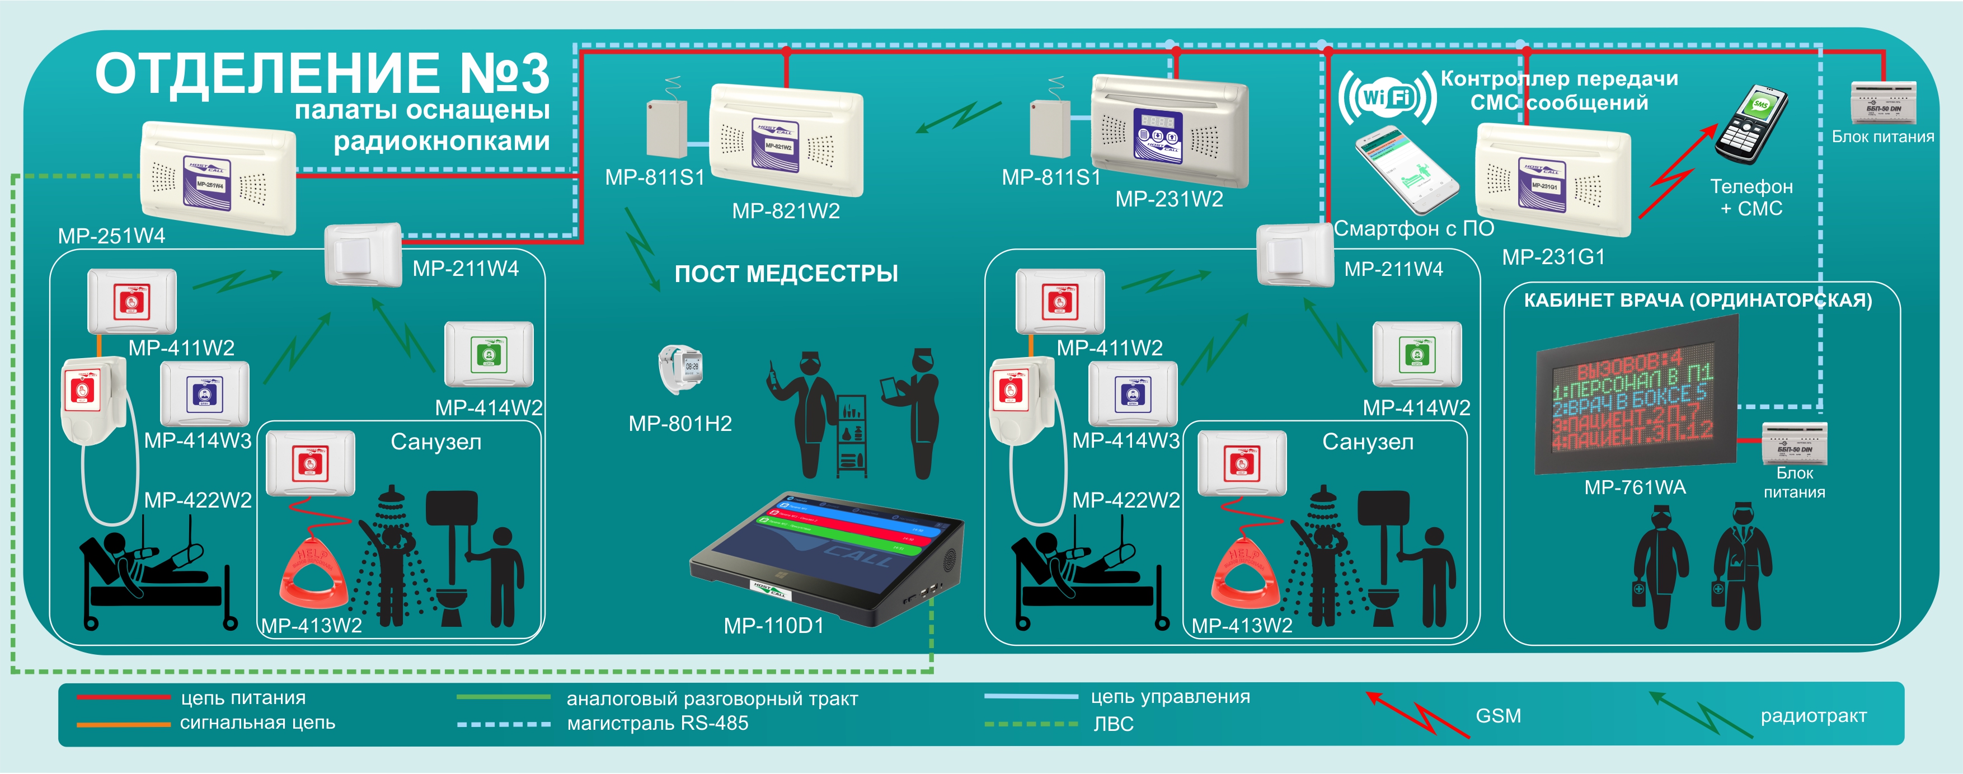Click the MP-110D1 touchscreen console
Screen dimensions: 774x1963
[827, 556]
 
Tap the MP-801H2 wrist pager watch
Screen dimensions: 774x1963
[680, 369]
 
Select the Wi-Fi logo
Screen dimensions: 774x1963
[1387, 97]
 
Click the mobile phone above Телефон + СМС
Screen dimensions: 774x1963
[1751, 124]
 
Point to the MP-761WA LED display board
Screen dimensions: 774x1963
[1635, 400]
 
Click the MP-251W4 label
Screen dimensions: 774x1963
[111, 236]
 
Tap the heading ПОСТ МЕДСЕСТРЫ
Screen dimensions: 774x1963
[786, 274]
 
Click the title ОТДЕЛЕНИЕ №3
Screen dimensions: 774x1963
[322, 74]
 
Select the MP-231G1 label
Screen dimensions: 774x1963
[1553, 257]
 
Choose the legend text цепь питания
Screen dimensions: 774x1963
[243, 698]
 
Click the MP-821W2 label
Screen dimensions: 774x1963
[786, 211]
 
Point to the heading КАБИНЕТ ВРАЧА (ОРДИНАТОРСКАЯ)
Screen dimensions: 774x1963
[1697, 300]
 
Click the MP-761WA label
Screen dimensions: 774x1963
[1635, 487]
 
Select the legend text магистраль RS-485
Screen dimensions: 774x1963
[657, 724]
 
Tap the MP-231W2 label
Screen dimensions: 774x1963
[1169, 200]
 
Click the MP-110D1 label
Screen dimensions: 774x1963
[773, 626]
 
